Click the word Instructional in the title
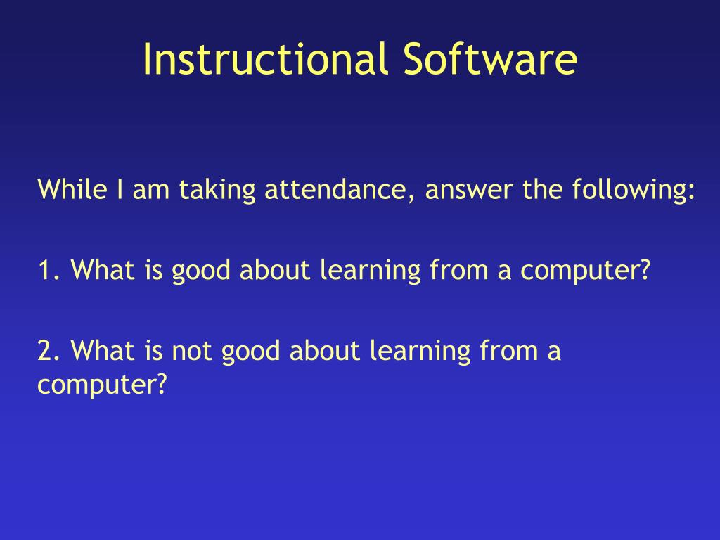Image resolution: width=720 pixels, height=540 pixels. point(264,59)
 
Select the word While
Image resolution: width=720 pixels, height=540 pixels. point(72,188)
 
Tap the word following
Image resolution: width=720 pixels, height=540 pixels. point(633,190)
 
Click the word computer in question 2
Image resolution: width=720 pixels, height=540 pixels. point(101,385)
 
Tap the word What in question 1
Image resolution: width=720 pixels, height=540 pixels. point(103,269)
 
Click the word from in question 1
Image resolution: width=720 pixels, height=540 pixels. point(459,269)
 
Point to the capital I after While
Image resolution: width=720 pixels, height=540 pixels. point(120,189)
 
